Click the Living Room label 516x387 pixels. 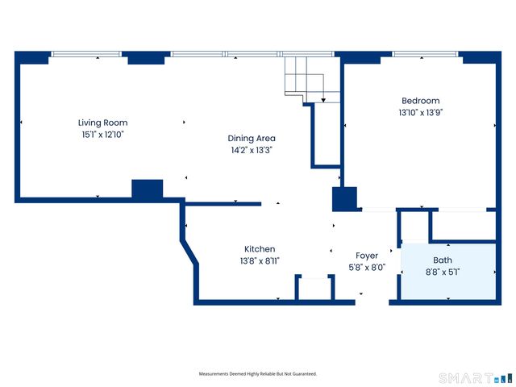102,123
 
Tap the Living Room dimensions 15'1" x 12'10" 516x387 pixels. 102,135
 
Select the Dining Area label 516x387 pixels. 252,138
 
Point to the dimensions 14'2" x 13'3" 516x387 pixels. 252,150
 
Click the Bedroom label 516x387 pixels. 421,101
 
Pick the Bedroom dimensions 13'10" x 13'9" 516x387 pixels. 421,113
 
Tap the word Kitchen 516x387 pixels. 260,249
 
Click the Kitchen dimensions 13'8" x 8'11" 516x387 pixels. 260,261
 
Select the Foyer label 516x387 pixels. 367,256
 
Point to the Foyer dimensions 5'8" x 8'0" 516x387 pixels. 367,267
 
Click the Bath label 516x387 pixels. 443,260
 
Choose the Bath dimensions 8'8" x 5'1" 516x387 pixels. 443,273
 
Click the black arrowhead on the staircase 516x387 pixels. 323,100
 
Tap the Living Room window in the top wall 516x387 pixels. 86,54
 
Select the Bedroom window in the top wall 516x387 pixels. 425,54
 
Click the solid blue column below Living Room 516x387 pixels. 147,189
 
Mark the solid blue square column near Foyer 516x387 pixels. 344,199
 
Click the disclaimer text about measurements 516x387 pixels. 258,374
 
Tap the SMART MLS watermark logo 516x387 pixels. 476,378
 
